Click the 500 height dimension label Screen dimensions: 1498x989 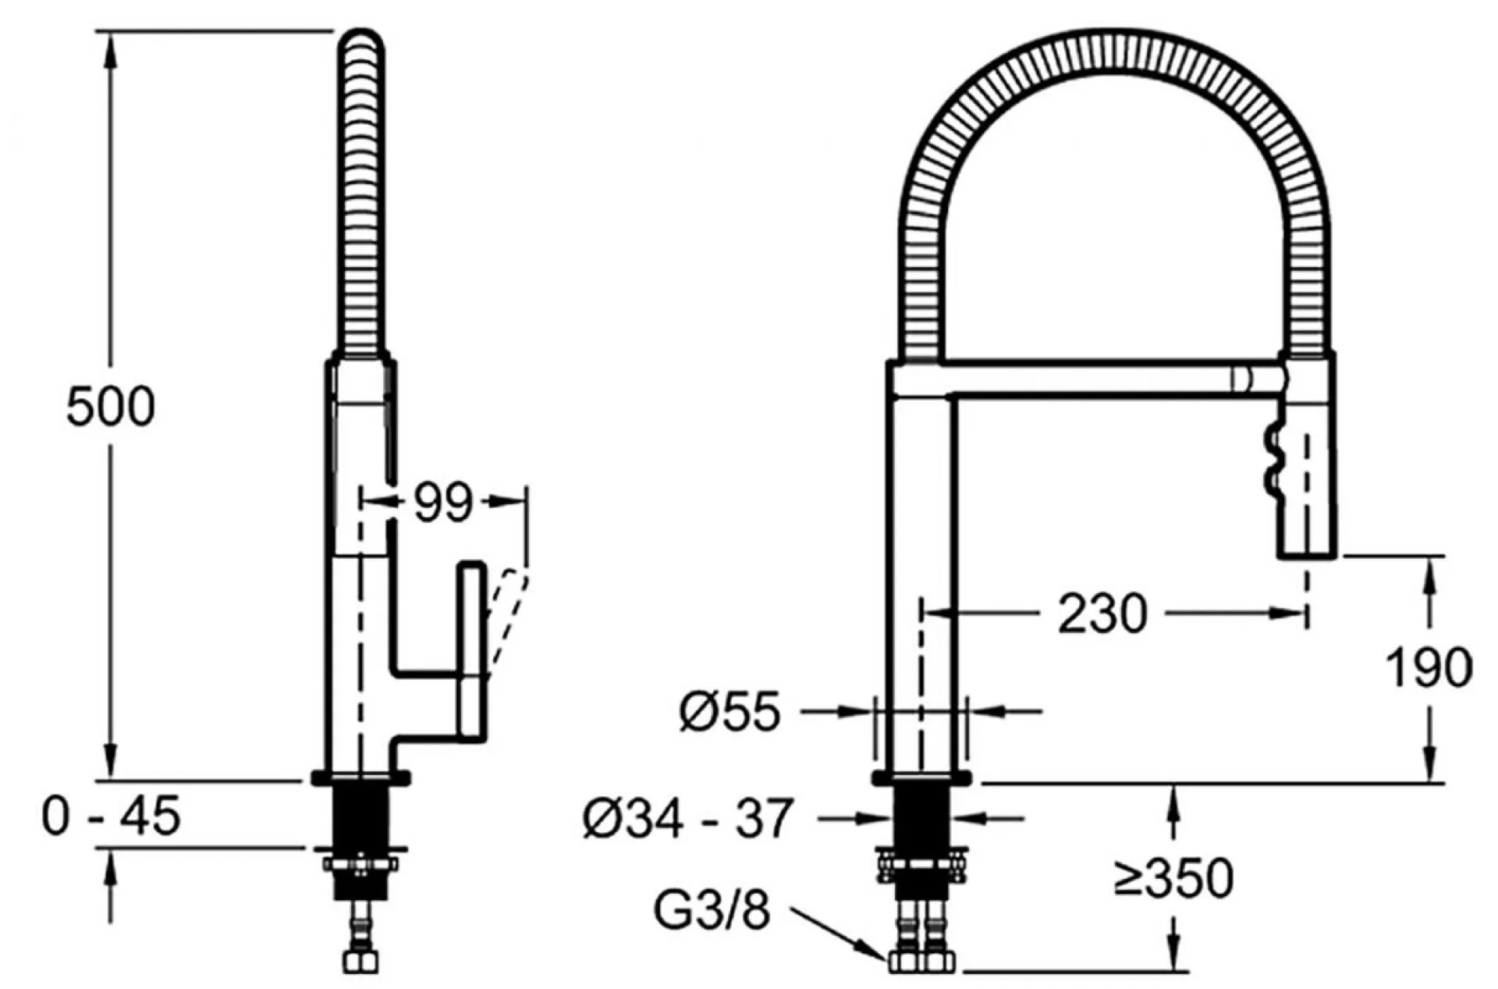[111, 407]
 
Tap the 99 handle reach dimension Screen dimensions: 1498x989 [442, 502]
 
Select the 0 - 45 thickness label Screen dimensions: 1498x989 [111, 816]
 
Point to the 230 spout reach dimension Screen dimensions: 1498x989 [1102, 613]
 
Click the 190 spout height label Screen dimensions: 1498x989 [1429, 667]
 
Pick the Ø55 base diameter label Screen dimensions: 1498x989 [729, 712]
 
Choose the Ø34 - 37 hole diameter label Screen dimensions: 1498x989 [687, 818]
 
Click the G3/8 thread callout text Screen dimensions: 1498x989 [712, 910]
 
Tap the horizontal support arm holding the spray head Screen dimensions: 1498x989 [1088, 380]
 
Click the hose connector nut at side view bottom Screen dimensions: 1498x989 [360, 959]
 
